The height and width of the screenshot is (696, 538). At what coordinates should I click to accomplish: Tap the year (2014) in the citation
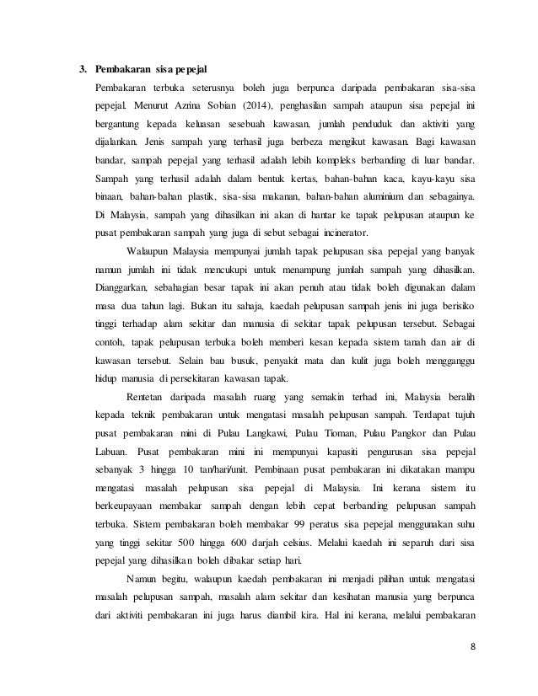[x=224, y=107]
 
